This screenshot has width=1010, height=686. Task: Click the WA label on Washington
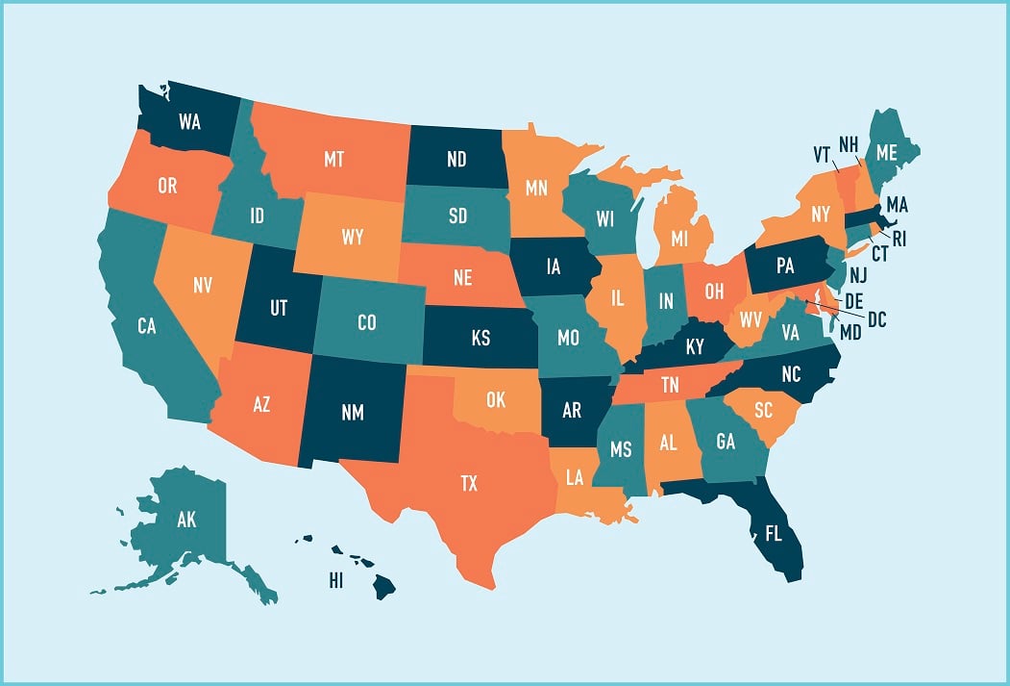pos(189,122)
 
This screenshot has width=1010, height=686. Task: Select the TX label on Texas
pos(468,483)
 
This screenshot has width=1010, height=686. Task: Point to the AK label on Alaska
pos(186,521)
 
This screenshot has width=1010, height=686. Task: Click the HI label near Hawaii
pos(335,580)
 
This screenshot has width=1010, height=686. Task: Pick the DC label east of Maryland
pos(876,319)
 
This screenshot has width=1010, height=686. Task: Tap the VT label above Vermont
pos(822,152)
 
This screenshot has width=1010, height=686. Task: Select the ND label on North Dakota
pos(456,158)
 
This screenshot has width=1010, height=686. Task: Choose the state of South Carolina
pos(762,412)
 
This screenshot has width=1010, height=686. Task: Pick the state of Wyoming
pos(352,237)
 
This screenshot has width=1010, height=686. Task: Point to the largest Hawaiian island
pos(383,585)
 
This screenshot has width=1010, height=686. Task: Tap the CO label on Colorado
pos(366,322)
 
